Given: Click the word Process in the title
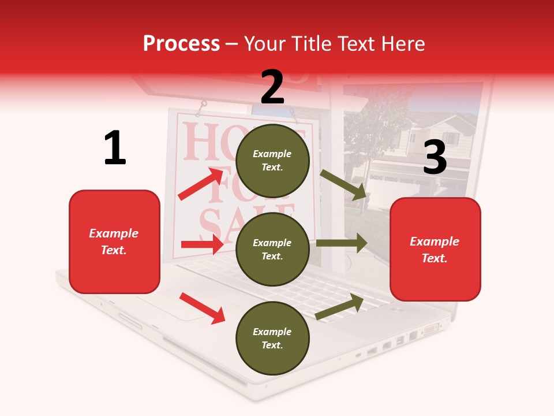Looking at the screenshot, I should [181, 44].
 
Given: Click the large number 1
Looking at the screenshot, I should [115, 148].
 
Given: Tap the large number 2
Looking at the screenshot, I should [272, 87].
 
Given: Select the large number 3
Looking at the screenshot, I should [435, 157].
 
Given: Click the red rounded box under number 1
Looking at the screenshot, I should [114, 242].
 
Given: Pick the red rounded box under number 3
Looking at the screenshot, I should [435, 249].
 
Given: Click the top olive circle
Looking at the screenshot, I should [272, 161].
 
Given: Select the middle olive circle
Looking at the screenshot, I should [272, 249].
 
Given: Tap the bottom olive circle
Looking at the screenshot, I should [272, 338].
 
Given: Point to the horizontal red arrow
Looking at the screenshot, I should [202, 244].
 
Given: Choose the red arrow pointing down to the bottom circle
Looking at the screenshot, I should [202, 308].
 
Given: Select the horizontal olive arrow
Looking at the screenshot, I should [341, 243].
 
